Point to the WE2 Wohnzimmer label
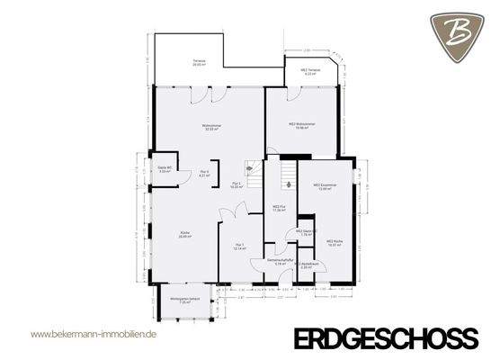point(299,126)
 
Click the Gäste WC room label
point(165,169)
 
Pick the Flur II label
point(205,173)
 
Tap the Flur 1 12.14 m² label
point(239,247)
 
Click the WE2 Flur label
point(279,208)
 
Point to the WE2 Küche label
point(333,243)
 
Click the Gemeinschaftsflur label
point(280,262)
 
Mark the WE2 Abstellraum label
point(306,265)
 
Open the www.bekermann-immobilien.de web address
point(94,334)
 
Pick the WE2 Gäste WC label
point(305,232)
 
